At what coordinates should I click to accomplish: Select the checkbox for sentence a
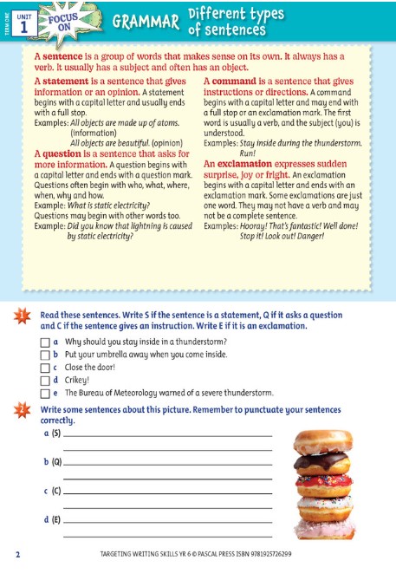pyautogui.click(x=45, y=342)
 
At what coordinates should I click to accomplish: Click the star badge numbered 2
pyautogui.click(x=23, y=410)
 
